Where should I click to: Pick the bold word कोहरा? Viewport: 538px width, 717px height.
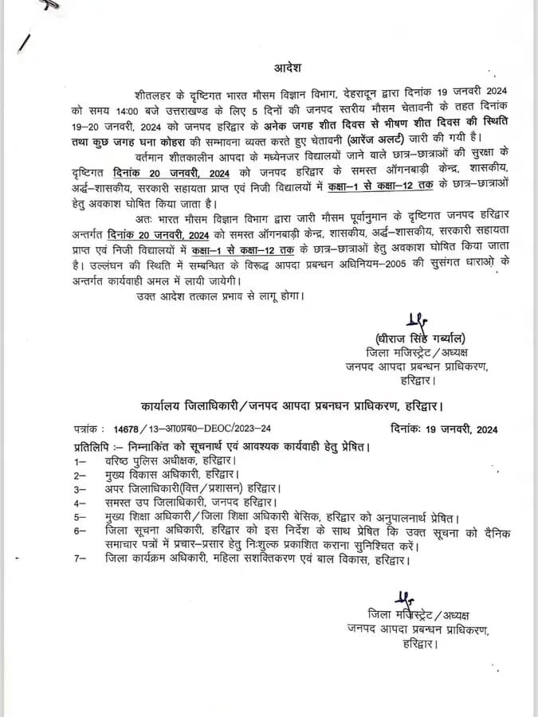200,139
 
